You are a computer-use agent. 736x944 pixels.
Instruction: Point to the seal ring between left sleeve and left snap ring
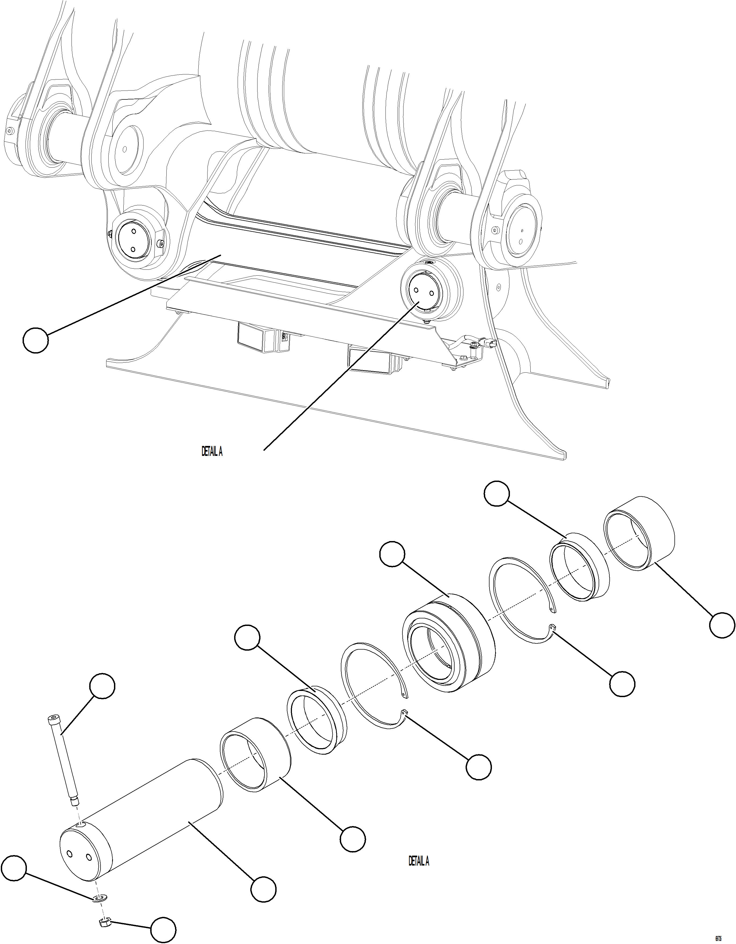317,720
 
